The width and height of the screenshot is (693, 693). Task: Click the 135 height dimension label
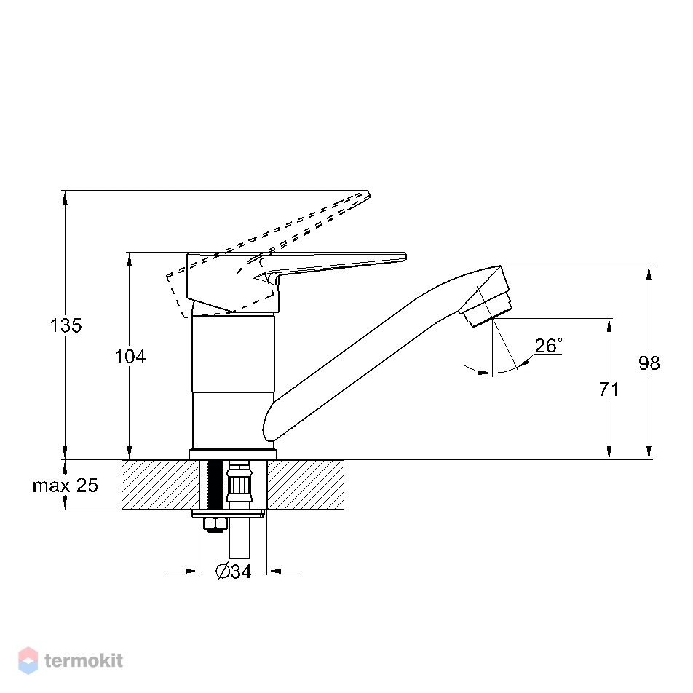tap(66, 325)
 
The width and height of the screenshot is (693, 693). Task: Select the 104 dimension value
tap(130, 357)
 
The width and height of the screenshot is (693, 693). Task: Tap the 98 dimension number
tap(649, 363)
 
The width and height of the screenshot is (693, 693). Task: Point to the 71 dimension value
tap(609, 389)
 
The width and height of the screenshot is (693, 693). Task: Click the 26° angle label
tap(548, 345)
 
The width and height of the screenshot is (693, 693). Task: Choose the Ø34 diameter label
tap(234, 571)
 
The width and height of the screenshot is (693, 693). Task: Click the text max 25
tap(65, 486)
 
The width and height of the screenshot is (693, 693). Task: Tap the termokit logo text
tap(84, 661)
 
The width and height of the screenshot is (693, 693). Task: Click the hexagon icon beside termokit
tap(28, 660)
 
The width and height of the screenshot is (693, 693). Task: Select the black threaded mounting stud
tap(215, 485)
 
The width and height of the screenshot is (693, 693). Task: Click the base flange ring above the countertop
tap(233, 454)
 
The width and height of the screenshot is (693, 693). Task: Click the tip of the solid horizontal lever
tap(405, 256)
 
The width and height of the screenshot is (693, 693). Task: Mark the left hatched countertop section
tap(160, 485)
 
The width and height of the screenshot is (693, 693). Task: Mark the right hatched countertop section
tap(306, 485)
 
